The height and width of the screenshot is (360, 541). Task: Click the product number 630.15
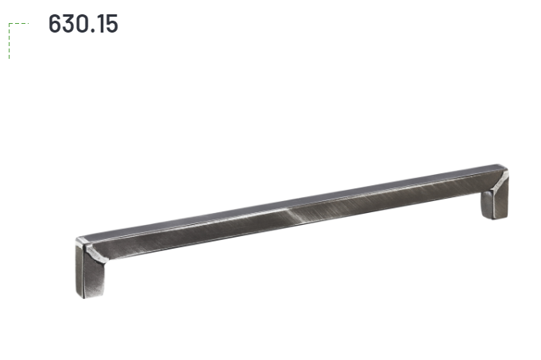83,24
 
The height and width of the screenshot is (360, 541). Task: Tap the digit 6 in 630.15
55,24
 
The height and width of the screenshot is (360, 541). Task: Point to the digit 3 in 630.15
69,24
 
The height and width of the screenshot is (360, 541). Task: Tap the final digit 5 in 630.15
112,24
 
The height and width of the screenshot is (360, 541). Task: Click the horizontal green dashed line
18,24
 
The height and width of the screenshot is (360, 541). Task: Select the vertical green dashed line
9,41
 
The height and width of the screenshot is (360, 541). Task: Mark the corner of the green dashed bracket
9,24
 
